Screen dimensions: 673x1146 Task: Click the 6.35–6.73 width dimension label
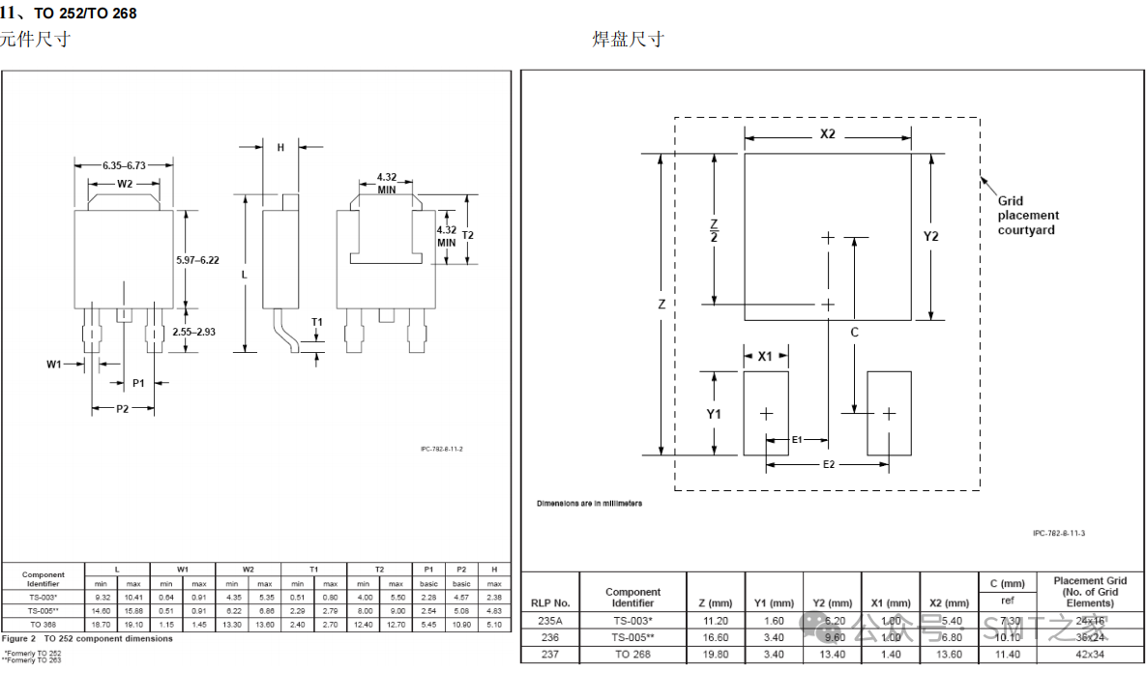coord(124,165)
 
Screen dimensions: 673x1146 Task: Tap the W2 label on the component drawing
coord(125,184)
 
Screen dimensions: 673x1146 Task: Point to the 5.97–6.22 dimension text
coord(197,260)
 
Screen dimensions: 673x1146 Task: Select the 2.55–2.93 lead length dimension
coord(193,332)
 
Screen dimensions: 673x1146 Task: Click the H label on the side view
coord(280,148)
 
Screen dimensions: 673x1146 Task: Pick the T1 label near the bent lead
coord(317,322)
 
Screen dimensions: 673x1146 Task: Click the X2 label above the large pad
coord(827,134)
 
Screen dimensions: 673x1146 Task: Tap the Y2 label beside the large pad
coord(930,236)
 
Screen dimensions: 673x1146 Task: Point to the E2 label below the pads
coord(829,465)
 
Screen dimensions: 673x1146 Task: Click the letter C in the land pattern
coord(854,332)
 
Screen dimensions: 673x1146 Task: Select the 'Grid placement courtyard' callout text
coord(1028,216)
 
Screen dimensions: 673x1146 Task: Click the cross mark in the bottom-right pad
coord(889,414)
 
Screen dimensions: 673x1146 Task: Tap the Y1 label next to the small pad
coord(714,414)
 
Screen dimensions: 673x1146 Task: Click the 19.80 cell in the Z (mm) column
coord(714,655)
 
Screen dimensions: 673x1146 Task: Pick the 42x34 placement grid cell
coord(1090,655)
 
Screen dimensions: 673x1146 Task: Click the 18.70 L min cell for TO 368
coord(101,625)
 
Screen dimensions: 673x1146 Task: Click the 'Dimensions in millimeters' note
coord(589,504)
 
